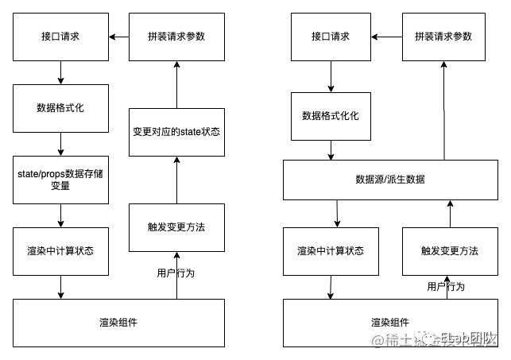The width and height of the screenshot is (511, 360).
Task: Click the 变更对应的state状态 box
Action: pos(176,132)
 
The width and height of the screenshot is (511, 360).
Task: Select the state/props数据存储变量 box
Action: pos(60,180)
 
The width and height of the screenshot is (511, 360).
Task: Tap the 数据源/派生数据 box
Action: pos(390,180)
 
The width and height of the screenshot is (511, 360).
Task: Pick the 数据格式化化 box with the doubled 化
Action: pos(331,116)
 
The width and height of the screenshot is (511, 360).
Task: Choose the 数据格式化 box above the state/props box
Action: pos(60,108)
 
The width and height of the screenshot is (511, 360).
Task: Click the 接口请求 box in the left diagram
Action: pos(60,37)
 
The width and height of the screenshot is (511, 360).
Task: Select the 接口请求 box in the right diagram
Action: pos(331,37)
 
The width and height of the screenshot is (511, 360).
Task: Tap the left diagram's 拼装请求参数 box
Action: pos(176,37)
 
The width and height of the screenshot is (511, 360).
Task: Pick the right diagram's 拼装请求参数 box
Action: pos(443,37)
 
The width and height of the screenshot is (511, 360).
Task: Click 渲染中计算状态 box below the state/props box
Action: pos(60,251)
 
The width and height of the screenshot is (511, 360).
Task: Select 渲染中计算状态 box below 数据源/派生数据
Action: pos(331,251)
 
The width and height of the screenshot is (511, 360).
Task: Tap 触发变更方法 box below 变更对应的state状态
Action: pos(176,227)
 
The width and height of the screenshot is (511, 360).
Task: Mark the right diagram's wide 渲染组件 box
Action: pos(390,323)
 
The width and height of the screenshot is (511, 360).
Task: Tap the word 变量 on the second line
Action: pos(60,186)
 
